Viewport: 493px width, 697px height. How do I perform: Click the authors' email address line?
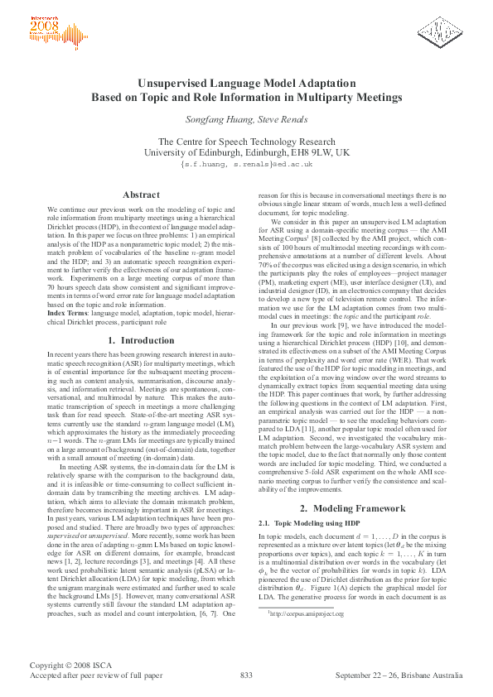point(246,164)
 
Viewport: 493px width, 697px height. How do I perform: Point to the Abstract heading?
point(141,195)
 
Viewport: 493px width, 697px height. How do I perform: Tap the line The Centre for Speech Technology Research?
point(246,141)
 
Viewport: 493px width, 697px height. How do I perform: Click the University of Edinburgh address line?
point(246,152)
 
